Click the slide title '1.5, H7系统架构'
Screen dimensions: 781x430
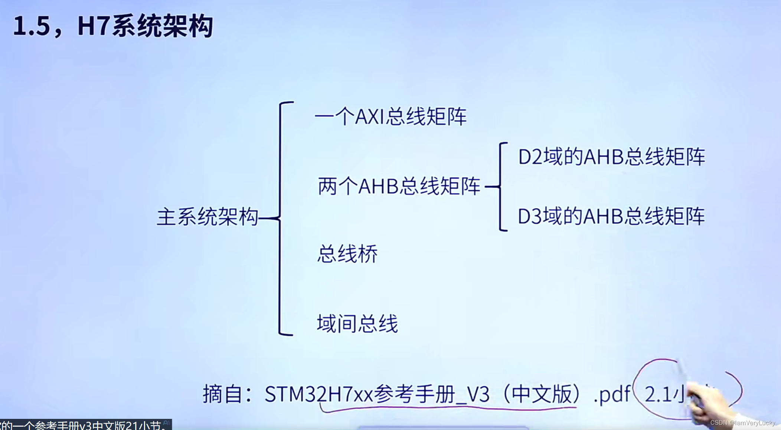pos(113,26)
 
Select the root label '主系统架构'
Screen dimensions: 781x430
pos(207,217)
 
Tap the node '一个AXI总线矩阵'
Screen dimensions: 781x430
pos(390,117)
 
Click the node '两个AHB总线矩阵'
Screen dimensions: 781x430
pos(399,186)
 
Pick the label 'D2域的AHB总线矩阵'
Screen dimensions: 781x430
pos(611,157)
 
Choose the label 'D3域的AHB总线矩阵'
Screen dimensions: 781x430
pos(611,216)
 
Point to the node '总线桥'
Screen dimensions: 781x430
pos(347,254)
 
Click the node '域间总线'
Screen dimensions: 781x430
pos(357,324)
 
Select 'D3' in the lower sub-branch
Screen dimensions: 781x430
pos(530,217)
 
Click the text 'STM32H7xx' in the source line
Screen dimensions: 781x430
pos(318,394)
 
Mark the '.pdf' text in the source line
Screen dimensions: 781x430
pos(612,394)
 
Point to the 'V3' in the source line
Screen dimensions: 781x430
pos(478,394)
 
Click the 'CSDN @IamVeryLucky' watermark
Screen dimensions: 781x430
pos(742,423)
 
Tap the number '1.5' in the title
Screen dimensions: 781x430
pos(32,26)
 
